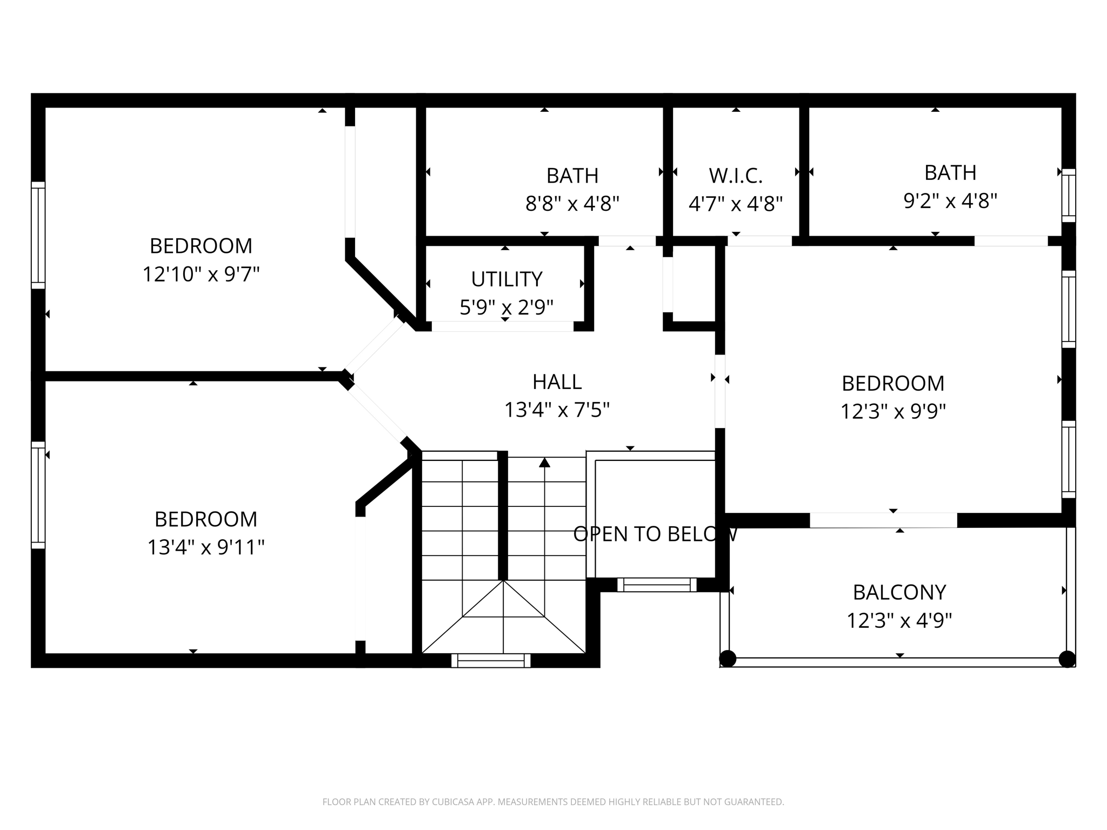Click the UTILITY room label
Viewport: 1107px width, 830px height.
(x=506, y=279)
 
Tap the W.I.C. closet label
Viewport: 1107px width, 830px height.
(x=736, y=176)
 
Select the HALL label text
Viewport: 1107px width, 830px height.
(x=557, y=382)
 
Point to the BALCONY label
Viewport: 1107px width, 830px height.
(x=899, y=592)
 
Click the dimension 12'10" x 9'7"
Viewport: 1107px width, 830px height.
(x=201, y=275)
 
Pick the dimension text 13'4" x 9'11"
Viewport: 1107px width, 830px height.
(x=206, y=547)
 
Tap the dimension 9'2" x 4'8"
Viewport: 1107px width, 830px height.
(x=950, y=201)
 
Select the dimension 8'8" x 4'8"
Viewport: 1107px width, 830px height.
(x=572, y=204)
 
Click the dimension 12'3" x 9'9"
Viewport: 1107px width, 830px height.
(x=893, y=412)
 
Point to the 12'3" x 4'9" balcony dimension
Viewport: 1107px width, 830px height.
(x=899, y=620)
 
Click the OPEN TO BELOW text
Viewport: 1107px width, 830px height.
(x=655, y=534)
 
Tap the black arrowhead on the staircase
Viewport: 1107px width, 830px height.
(x=544, y=463)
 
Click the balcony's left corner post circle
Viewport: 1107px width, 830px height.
(x=728, y=659)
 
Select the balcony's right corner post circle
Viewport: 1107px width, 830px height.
(x=1067, y=659)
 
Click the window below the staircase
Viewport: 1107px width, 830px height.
(x=491, y=660)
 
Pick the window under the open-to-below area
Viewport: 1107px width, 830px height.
(x=657, y=585)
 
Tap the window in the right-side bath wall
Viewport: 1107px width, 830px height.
(x=1069, y=195)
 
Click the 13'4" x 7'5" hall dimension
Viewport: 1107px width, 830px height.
(x=557, y=410)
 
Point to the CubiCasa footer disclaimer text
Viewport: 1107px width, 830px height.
(x=553, y=802)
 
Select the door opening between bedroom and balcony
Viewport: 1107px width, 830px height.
(x=883, y=520)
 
